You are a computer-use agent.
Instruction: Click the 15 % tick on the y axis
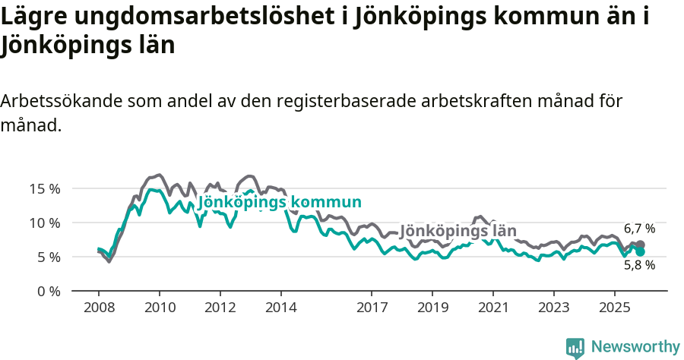[x=46, y=188]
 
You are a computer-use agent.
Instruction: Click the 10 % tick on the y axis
[x=46, y=223]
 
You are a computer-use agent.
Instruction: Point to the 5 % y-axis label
[x=49, y=257]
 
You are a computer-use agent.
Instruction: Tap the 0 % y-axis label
[x=49, y=291]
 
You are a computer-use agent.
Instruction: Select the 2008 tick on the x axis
[x=99, y=308]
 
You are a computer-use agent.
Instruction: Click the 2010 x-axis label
[x=160, y=308]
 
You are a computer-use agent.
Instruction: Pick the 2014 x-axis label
[x=280, y=308]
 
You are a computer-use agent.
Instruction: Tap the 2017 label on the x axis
[x=372, y=308]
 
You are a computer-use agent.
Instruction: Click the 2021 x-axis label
[x=493, y=308]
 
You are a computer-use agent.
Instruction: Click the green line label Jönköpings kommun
[x=279, y=202]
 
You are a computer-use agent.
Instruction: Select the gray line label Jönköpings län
[x=458, y=231]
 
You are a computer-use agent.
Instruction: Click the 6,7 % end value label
[x=639, y=229]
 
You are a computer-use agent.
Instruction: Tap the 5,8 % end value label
[x=639, y=265]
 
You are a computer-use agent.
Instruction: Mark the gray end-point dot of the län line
[x=641, y=245]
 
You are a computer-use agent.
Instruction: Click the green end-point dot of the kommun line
[x=641, y=251]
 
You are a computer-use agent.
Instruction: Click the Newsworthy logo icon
[x=575, y=347]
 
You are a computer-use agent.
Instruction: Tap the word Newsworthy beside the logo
[x=635, y=347]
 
